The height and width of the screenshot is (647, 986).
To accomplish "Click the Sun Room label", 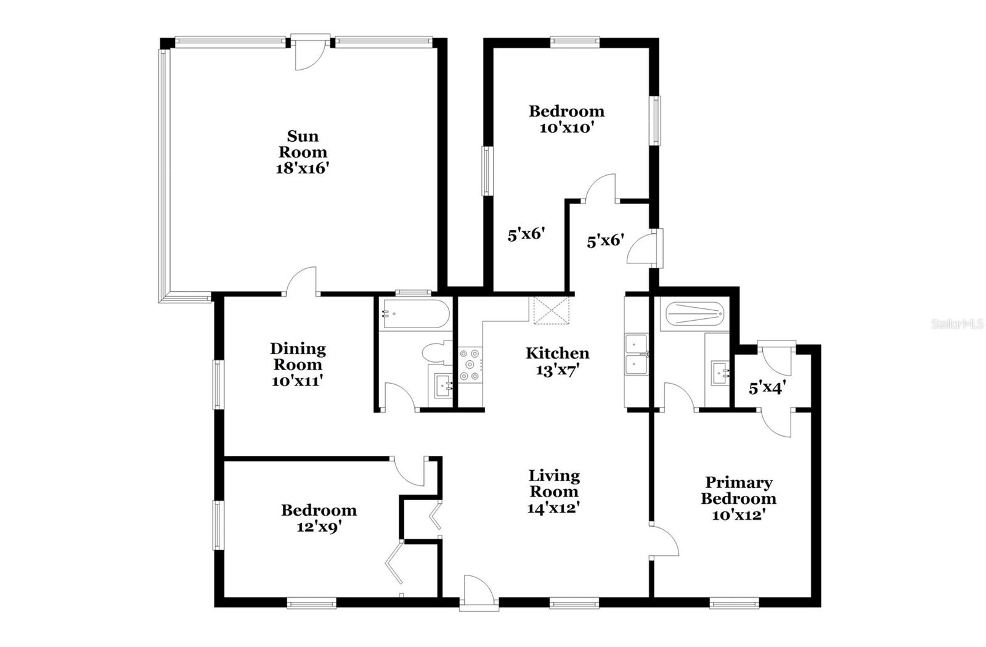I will click(x=303, y=144).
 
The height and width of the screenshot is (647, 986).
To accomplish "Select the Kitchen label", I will click(x=557, y=353).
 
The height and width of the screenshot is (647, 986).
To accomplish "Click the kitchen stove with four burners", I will click(x=471, y=365).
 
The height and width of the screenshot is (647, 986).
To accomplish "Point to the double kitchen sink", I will click(x=635, y=354).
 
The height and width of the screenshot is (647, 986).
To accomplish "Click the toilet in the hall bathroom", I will click(x=433, y=352).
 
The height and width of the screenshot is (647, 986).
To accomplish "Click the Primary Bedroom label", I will click(x=738, y=490).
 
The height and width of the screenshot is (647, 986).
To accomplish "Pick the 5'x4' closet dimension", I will click(x=767, y=389).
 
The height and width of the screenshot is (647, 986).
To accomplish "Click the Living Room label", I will click(x=554, y=484).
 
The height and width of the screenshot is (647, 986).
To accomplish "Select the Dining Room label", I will click(x=298, y=356).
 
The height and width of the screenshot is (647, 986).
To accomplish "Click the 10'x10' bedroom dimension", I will click(x=566, y=128).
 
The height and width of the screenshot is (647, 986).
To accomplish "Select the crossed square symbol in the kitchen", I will click(x=550, y=310).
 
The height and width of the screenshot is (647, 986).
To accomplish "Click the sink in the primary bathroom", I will click(x=720, y=373).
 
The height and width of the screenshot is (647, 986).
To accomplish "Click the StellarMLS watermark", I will click(x=957, y=324).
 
